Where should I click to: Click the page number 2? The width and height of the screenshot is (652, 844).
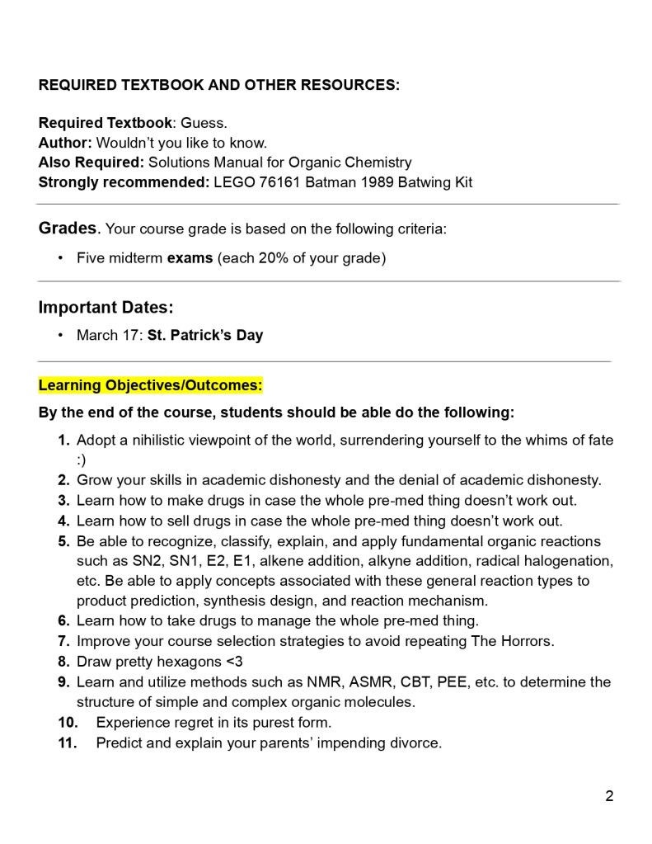[x=609, y=796]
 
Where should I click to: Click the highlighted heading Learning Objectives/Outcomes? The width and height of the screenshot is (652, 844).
[x=151, y=385]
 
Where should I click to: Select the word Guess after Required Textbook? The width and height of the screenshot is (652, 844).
[x=204, y=123]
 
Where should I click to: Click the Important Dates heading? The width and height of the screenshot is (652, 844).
[x=106, y=308]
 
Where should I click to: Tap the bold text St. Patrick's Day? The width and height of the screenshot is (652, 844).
[x=205, y=336]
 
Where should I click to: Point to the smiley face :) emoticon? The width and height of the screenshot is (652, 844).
[x=82, y=460]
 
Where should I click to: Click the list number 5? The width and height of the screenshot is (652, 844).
[x=63, y=542]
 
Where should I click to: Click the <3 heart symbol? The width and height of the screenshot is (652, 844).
[x=234, y=662]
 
